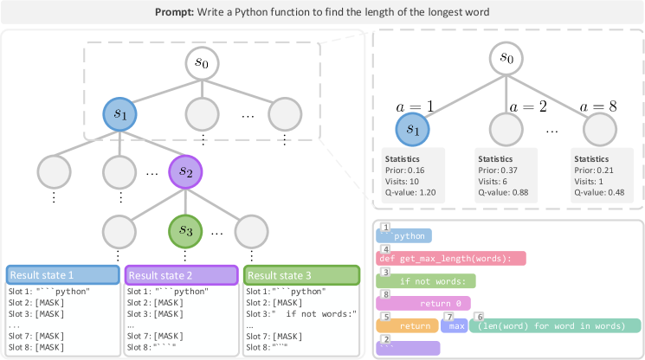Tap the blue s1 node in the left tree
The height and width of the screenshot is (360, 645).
pyautogui.click(x=121, y=113)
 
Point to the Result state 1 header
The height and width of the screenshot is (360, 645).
pyautogui.click(x=62, y=275)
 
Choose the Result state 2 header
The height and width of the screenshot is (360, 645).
pyautogui.click(x=181, y=275)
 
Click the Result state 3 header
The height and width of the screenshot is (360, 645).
pyautogui.click(x=300, y=275)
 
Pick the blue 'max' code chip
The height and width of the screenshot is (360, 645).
pyautogui.click(x=456, y=326)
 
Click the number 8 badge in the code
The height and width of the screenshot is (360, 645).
pyautogui.click(x=384, y=294)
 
